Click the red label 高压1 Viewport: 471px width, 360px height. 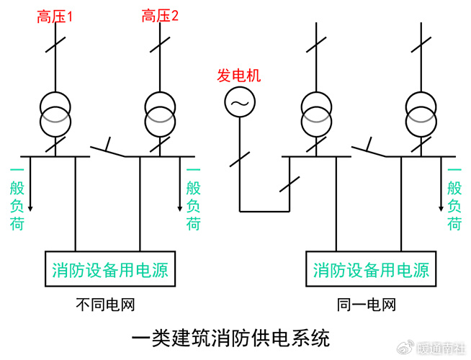coord(55,16)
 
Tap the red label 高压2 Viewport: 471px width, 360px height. coord(160,16)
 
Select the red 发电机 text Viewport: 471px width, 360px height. coord(238,76)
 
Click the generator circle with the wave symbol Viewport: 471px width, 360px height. coord(238,104)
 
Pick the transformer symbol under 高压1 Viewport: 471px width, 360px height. coord(55,112)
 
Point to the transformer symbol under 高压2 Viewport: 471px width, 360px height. coord(160,112)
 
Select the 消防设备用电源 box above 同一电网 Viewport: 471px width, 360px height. coord(370,269)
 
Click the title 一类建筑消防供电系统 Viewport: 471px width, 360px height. coord(231,337)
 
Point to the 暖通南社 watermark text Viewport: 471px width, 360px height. coord(441,348)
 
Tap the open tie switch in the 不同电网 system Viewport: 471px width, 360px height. coord(108,148)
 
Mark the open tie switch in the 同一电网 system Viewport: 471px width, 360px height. coord(369,148)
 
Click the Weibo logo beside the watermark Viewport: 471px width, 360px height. coord(407,348)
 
